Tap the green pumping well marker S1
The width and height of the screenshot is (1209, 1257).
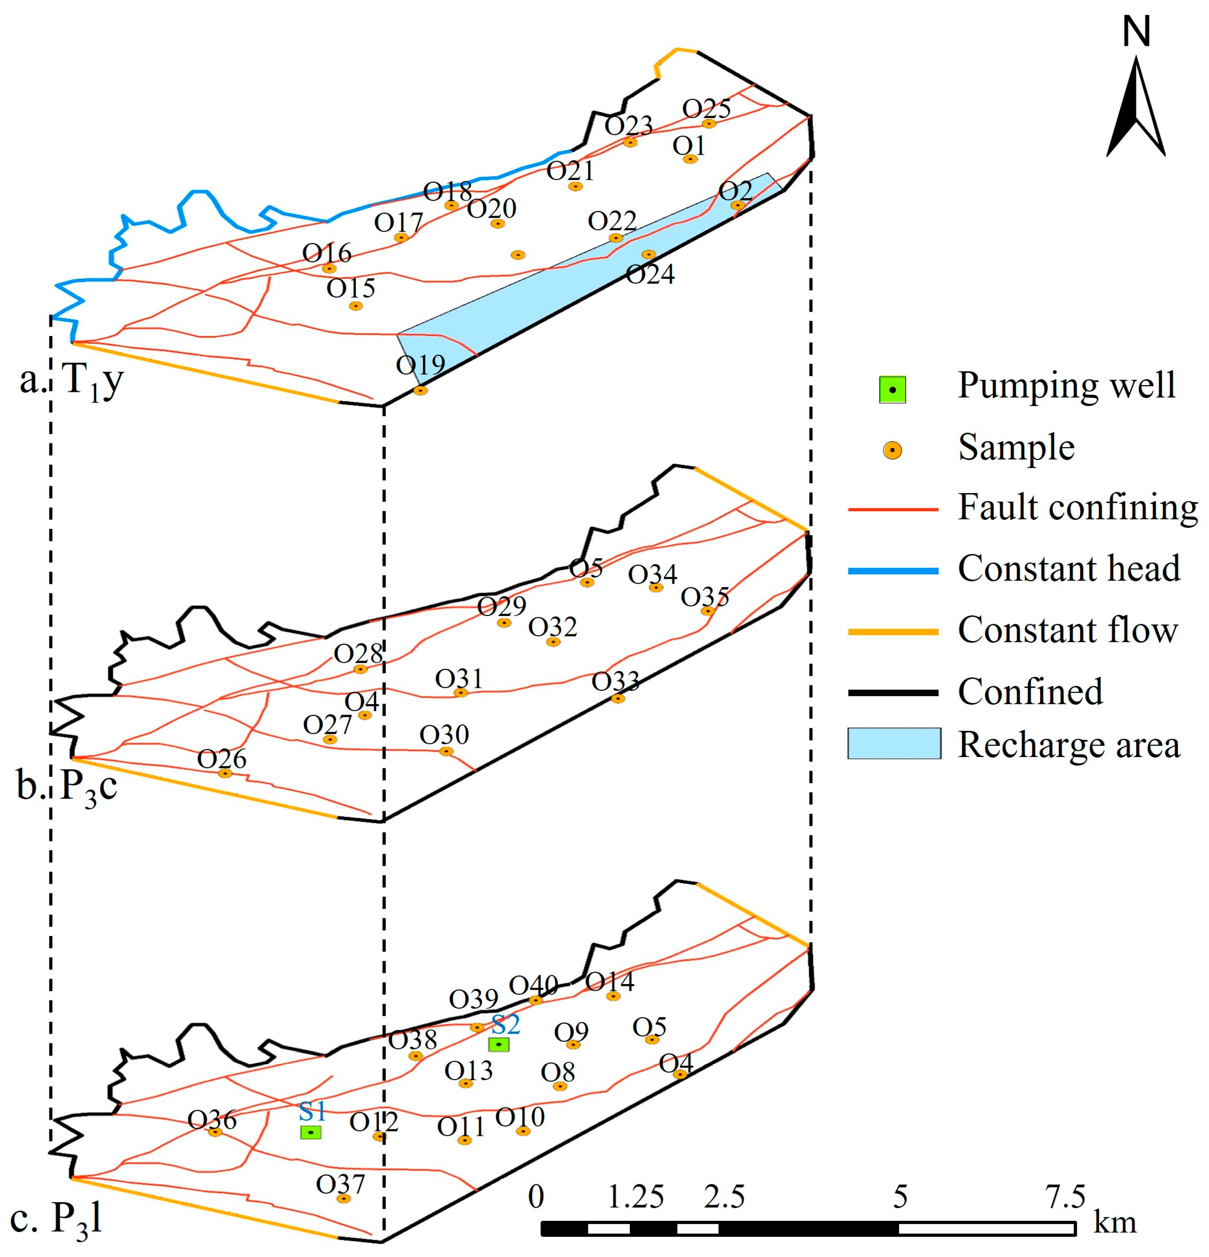click(x=311, y=1132)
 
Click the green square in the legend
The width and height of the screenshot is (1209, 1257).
click(x=892, y=390)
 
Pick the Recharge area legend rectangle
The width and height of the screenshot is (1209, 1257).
click(x=894, y=744)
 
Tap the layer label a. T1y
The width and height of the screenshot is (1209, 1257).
click(x=72, y=381)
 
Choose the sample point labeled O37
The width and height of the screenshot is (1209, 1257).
click(x=344, y=1198)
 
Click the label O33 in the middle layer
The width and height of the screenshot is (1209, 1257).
click(x=615, y=681)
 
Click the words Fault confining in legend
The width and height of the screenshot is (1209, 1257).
click(x=1077, y=508)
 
